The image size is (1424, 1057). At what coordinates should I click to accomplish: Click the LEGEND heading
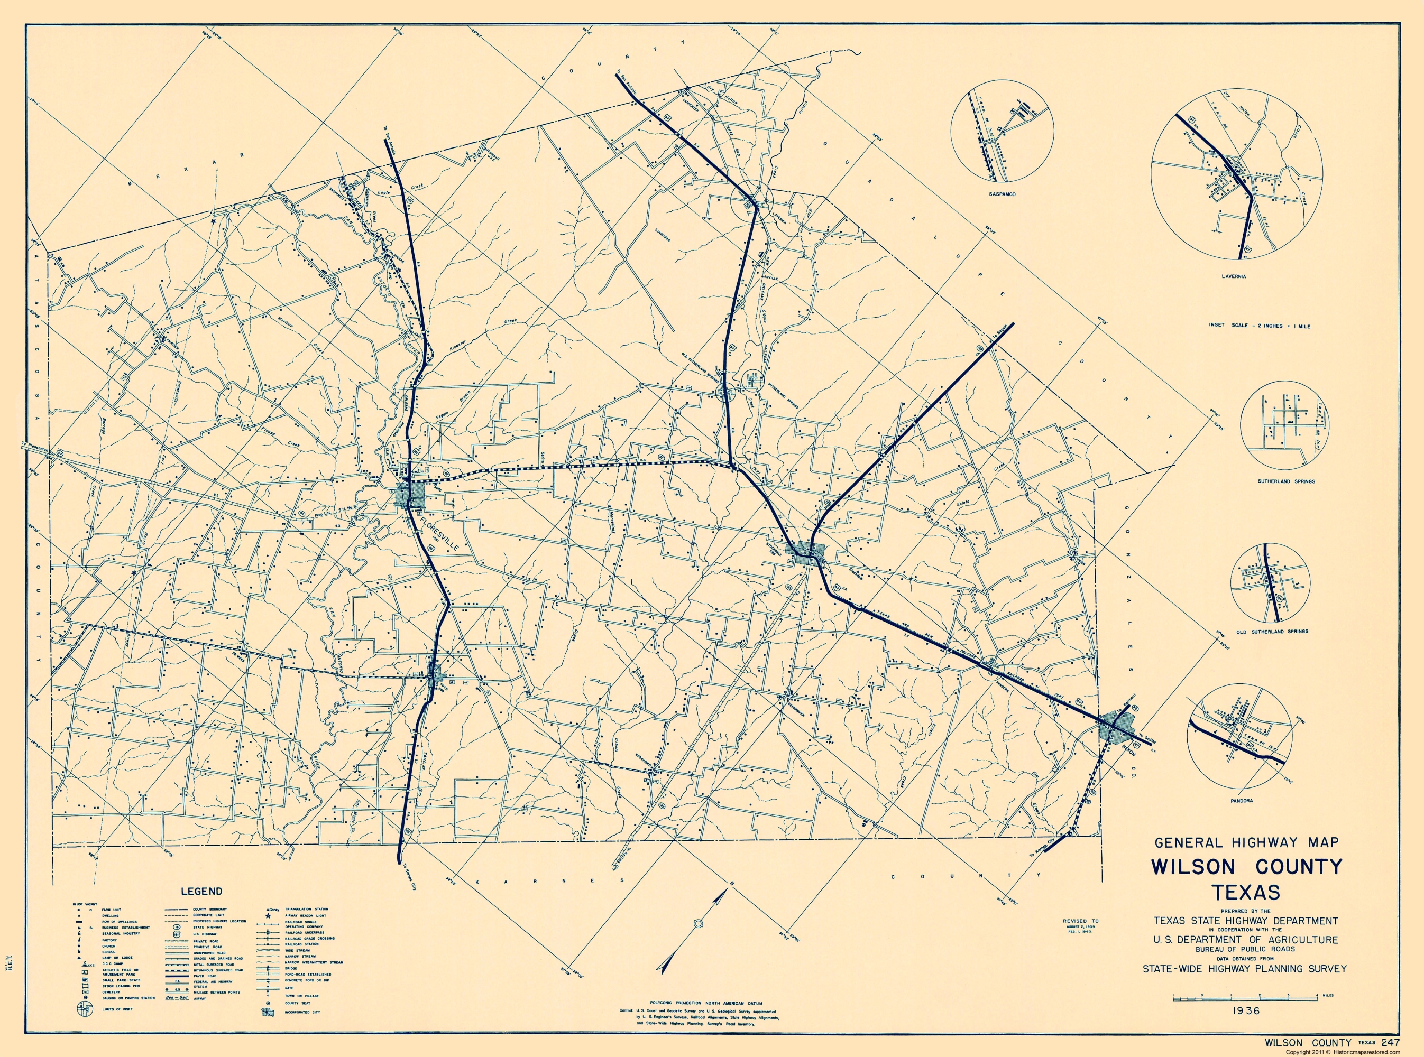[201, 891]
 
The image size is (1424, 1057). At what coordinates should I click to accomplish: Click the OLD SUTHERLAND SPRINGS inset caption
[1272, 631]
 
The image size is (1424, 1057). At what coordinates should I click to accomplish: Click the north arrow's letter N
[729, 884]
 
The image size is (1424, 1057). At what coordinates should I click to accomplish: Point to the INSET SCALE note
[1259, 326]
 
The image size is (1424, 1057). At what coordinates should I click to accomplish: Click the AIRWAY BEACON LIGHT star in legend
[268, 916]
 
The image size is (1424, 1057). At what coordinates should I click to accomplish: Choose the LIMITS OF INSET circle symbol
[85, 1009]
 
